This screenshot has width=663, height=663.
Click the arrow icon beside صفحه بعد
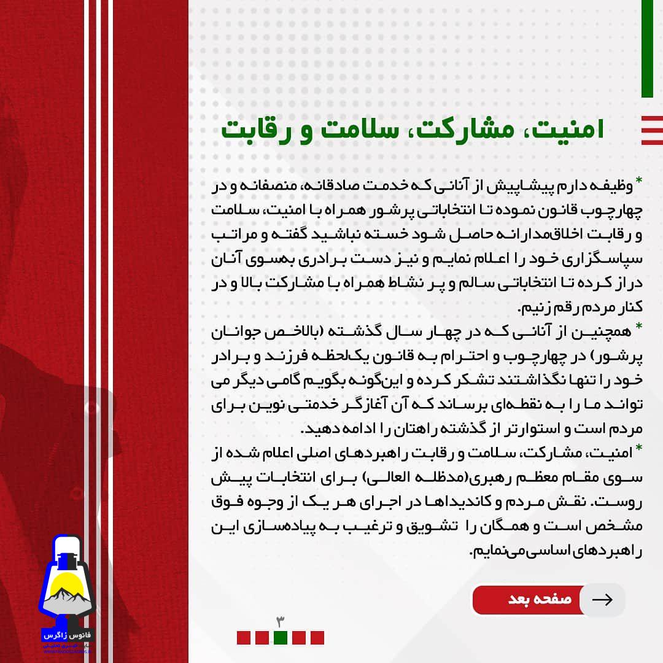pos(602,600)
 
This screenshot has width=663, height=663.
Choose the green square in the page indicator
pos(280,638)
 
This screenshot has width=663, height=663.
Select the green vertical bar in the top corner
pos(646,49)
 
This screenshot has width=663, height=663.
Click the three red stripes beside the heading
pos(651,130)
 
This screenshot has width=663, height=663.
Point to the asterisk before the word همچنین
pos(638,325)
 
